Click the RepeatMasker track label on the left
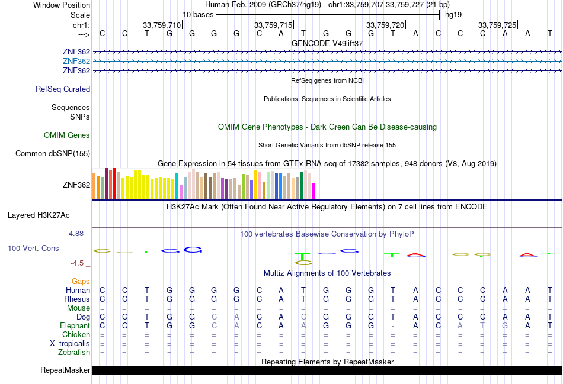(x=65, y=370)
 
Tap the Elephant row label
(x=75, y=326)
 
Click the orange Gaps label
(x=81, y=282)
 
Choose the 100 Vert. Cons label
(x=33, y=249)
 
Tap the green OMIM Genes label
(x=67, y=135)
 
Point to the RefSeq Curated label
(x=63, y=89)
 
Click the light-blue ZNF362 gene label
(x=76, y=62)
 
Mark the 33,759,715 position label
(x=273, y=25)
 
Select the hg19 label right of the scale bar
(x=453, y=15)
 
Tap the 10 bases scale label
(x=197, y=15)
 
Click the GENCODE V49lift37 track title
(x=327, y=43)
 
